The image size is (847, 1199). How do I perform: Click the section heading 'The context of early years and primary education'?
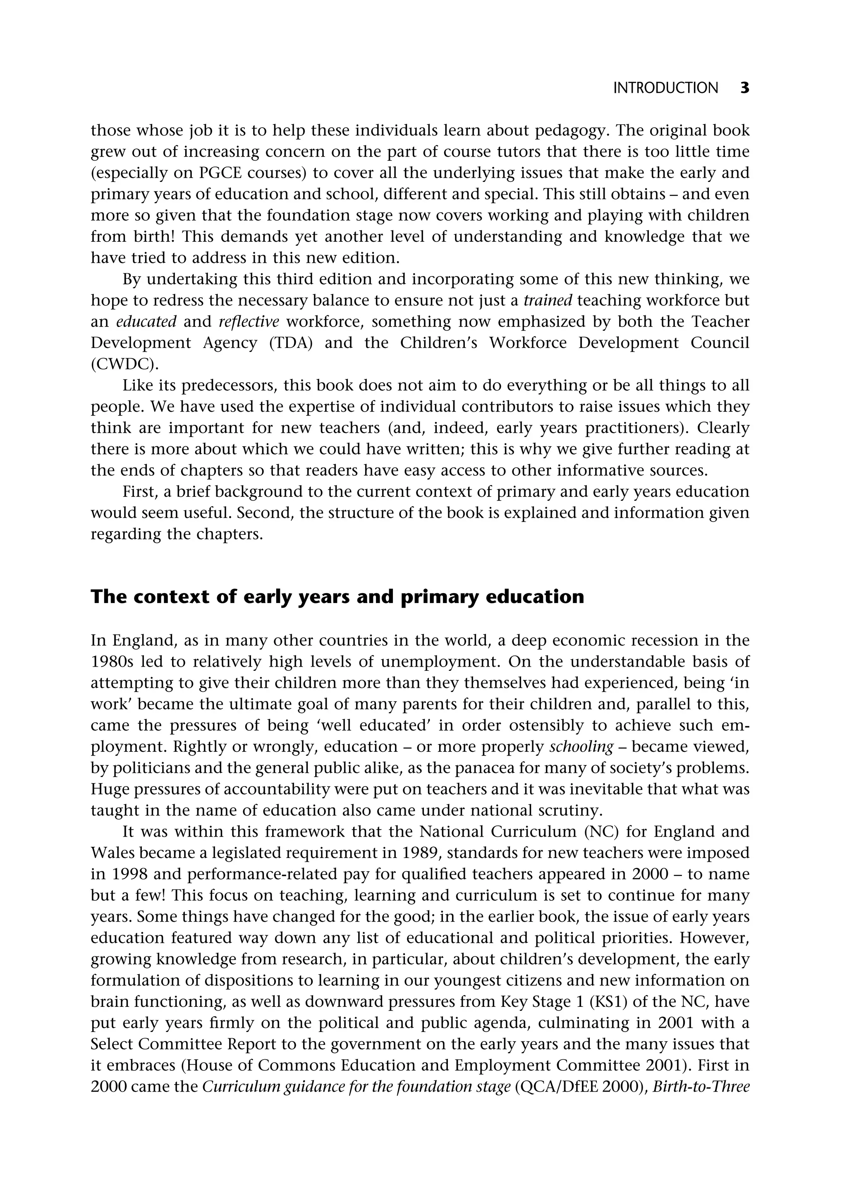pos(337,597)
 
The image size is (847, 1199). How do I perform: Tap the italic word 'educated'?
pos(146,322)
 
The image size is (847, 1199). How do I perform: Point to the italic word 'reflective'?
pos(249,322)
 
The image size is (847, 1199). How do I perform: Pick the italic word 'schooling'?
pos(581,747)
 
